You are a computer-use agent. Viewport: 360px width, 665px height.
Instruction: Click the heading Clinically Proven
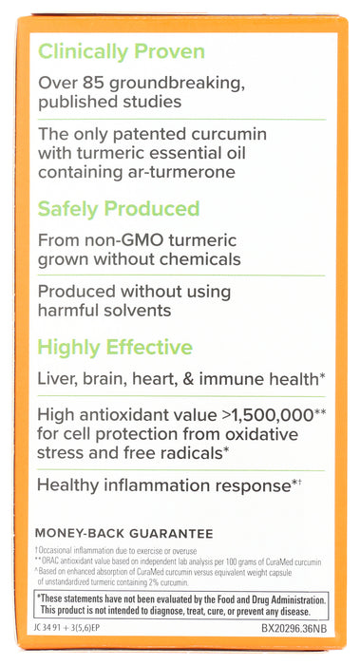[x=121, y=52]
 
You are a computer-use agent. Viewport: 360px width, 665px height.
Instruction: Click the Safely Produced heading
[x=119, y=209]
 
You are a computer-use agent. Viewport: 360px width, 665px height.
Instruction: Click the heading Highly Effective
[x=114, y=348]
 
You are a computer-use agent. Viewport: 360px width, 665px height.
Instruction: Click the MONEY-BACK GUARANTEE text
[x=123, y=534]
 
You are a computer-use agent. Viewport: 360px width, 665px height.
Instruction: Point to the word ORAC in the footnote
[x=54, y=559]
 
